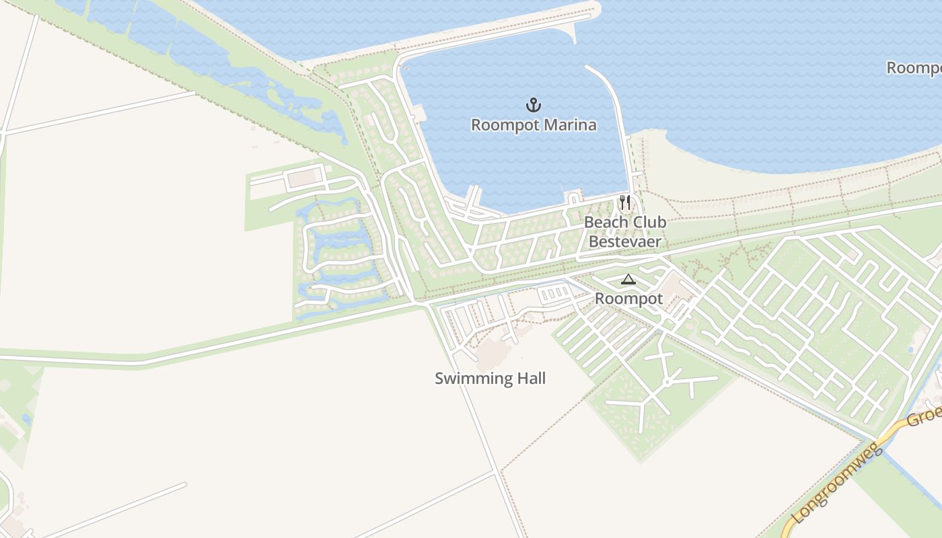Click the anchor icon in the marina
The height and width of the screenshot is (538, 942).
534,105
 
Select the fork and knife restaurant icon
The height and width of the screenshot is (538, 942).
625,202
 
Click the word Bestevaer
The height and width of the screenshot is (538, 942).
625,241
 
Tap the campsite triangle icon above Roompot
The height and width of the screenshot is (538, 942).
628,280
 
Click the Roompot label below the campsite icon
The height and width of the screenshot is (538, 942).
629,299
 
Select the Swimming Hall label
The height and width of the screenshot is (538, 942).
490,379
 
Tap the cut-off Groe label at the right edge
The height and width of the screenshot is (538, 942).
924,417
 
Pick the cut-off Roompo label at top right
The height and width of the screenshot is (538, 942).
914,68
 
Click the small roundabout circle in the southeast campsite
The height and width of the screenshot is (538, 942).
667,382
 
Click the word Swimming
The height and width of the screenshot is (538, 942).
467,379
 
